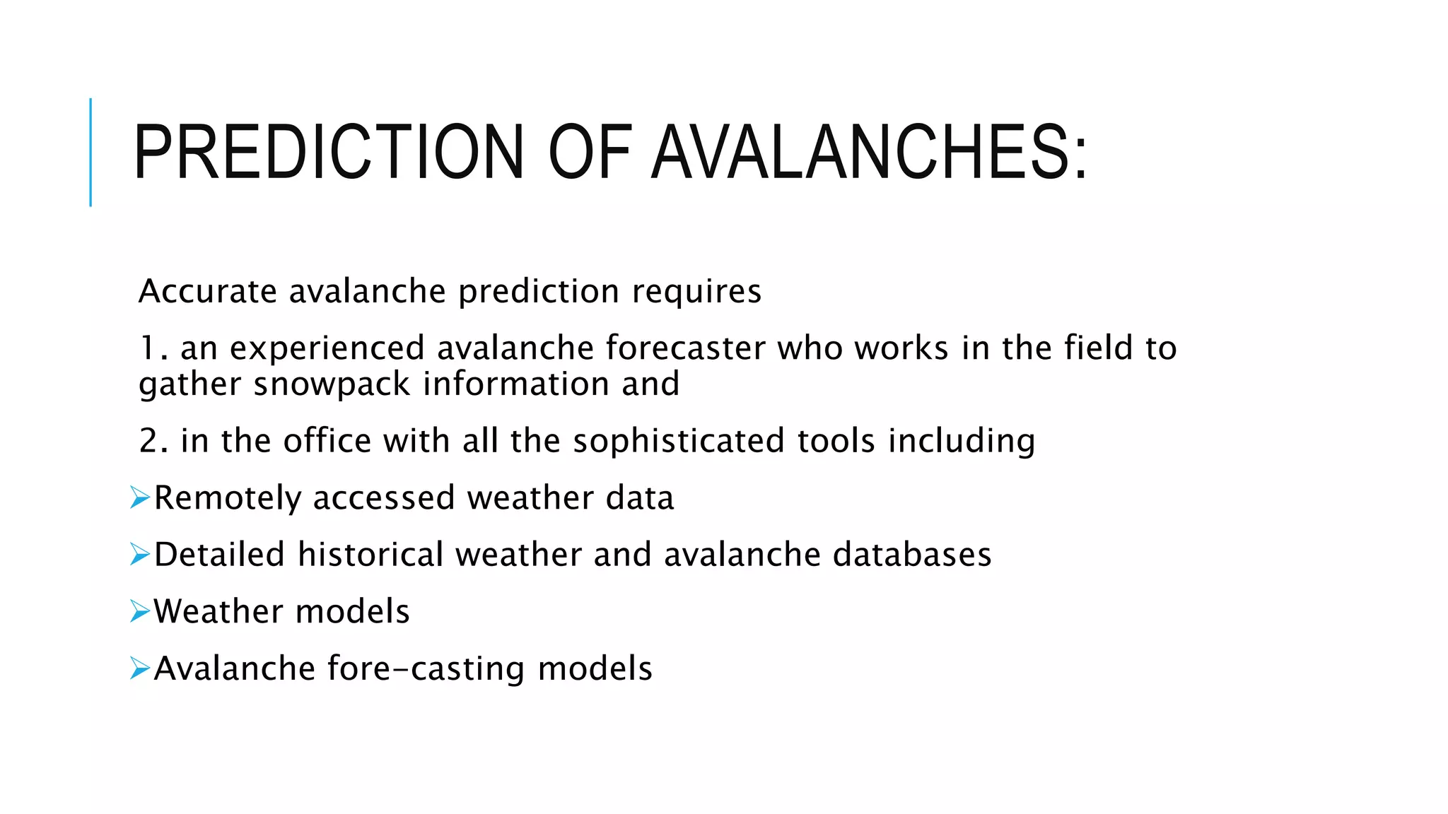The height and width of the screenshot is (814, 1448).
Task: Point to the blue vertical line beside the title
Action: click(x=90, y=152)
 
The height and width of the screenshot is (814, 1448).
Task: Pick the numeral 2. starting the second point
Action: click(x=153, y=441)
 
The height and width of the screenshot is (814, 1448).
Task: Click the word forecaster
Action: click(x=685, y=348)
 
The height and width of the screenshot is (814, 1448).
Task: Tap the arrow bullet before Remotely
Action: click(x=140, y=498)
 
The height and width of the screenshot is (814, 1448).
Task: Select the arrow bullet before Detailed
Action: click(x=140, y=555)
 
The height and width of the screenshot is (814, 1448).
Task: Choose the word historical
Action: click(x=370, y=555)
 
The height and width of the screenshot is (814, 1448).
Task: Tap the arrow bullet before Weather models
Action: click(x=140, y=611)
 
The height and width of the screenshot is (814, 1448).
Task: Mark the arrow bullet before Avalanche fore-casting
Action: click(x=140, y=668)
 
